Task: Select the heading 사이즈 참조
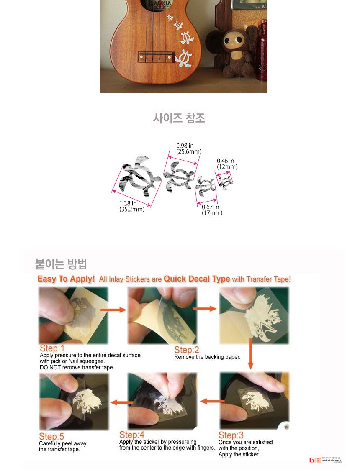click(x=179, y=118)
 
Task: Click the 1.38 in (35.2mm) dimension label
click(x=131, y=207)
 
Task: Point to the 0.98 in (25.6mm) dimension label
click(x=188, y=148)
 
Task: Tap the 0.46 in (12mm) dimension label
click(x=227, y=164)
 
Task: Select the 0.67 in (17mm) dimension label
click(x=212, y=210)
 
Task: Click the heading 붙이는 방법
click(x=62, y=264)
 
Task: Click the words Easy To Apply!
click(x=66, y=279)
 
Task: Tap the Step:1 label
click(x=52, y=348)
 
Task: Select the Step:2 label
click(x=187, y=350)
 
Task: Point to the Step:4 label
click(x=132, y=435)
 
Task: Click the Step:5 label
click(x=51, y=437)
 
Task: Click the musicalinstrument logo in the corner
click(x=325, y=460)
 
